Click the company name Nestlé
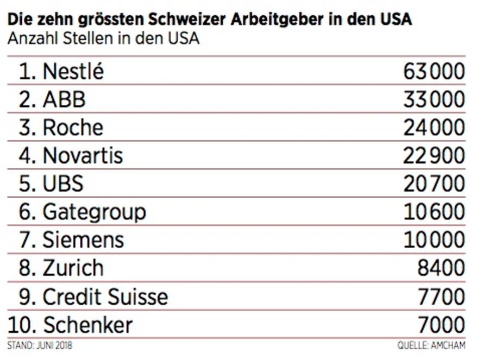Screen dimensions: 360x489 pyautogui.click(x=73, y=71)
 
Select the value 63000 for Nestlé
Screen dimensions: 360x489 pyautogui.click(x=434, y=71)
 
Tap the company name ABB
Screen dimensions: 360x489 pyautogui.click(x=64, y=99)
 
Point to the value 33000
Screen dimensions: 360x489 pyautogui.click(x=434, y=99)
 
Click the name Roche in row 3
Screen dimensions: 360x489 pyautogui.click(x=73, y=128)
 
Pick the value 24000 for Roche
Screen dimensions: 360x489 pyautogui.click(x=434, y=128)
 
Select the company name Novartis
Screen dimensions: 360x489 pyautogui.click(x=83, y=156)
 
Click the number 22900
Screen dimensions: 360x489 pyautogui.click(x=434, y=156)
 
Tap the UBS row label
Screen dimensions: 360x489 pyautogui.click(x=63, y=184)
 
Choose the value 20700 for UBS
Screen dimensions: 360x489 pyautogui.click(x=434, y=184)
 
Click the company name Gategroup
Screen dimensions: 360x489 pyautogui.click(x=94, y=212)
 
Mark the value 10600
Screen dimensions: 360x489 pyautogui.click(x=434, y=212)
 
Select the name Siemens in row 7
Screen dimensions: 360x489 pyautogui.click(x=83, y=240)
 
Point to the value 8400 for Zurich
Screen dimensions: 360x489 pyautogui.click(x=441, y=268)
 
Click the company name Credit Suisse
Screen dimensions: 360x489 pyautogui.click(x=105, y=296)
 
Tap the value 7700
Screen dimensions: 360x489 pyautogui.click(x=441, y=296)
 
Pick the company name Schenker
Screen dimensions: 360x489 pyautogui.click(x=87, y=325)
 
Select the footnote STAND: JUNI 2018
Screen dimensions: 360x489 pyautogui.click(x=40, y=345)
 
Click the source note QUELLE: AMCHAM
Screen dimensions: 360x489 pyautogui.click(x=431, y=345)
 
